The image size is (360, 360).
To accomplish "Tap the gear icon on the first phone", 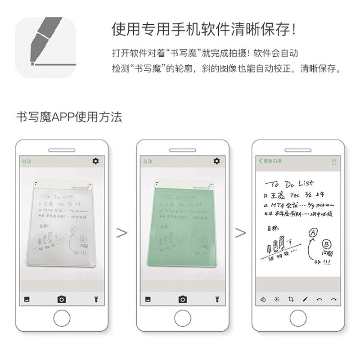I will click(96, 161).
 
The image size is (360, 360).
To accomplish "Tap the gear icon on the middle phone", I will click(217, 161).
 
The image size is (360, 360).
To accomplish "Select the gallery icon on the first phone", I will click(27, 299).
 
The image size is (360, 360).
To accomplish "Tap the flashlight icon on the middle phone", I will click(216, 299).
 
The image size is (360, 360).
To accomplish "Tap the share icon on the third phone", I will click(334, 162).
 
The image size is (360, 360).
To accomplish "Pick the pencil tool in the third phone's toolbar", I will click(305, 299).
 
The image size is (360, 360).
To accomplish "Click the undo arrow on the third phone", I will click(319, 299).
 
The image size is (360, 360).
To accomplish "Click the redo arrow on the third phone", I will click(333, 299).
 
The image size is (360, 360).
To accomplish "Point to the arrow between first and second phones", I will click(121, 233).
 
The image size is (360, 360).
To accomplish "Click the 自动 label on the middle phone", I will click(148, 161).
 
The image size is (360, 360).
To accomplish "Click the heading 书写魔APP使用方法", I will click(68, 117).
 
